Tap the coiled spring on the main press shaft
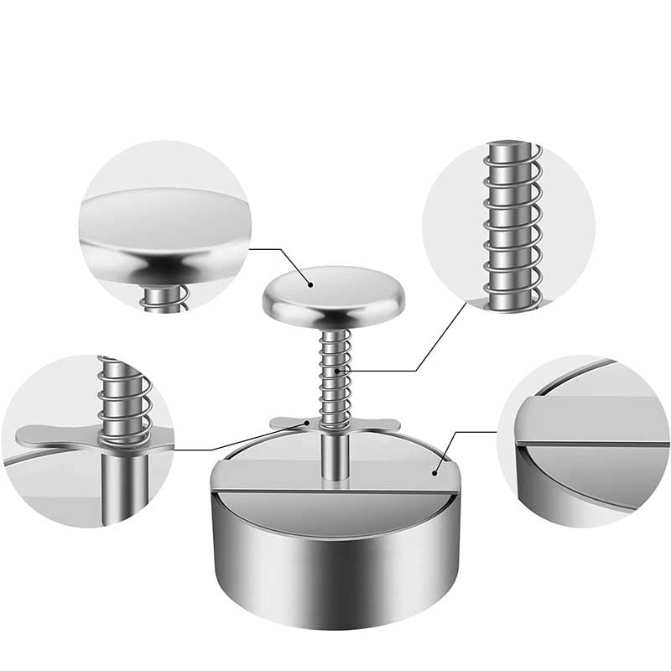click(335, 377)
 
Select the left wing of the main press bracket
click(289, 422)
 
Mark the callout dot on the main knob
click(311, 284)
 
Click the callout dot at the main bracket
click(307, 425)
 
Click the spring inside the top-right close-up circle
click(512, 226)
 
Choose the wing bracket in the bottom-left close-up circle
click(50, 434)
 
